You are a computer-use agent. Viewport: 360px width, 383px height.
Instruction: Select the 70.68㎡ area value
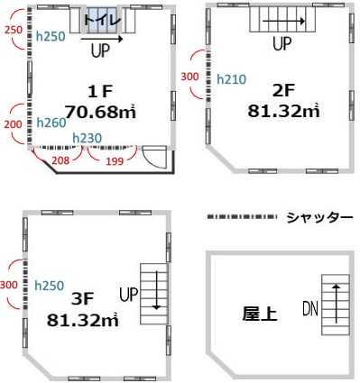[x=100, y=112]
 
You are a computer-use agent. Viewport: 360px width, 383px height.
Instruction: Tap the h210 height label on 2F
[x=231, y=79]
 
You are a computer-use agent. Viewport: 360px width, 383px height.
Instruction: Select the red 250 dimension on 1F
[x=13, y=31]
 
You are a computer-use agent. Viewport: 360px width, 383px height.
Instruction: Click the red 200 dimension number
[x=13, y=123]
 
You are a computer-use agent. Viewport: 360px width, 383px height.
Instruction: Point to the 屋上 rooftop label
[x=259, y=315]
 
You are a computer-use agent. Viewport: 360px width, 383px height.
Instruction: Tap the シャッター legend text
[x=318, y=217]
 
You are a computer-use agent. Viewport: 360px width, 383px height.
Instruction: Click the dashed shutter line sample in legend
[x=241, y=217]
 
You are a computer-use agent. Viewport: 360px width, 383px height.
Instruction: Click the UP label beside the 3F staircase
[x=128, y=294]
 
